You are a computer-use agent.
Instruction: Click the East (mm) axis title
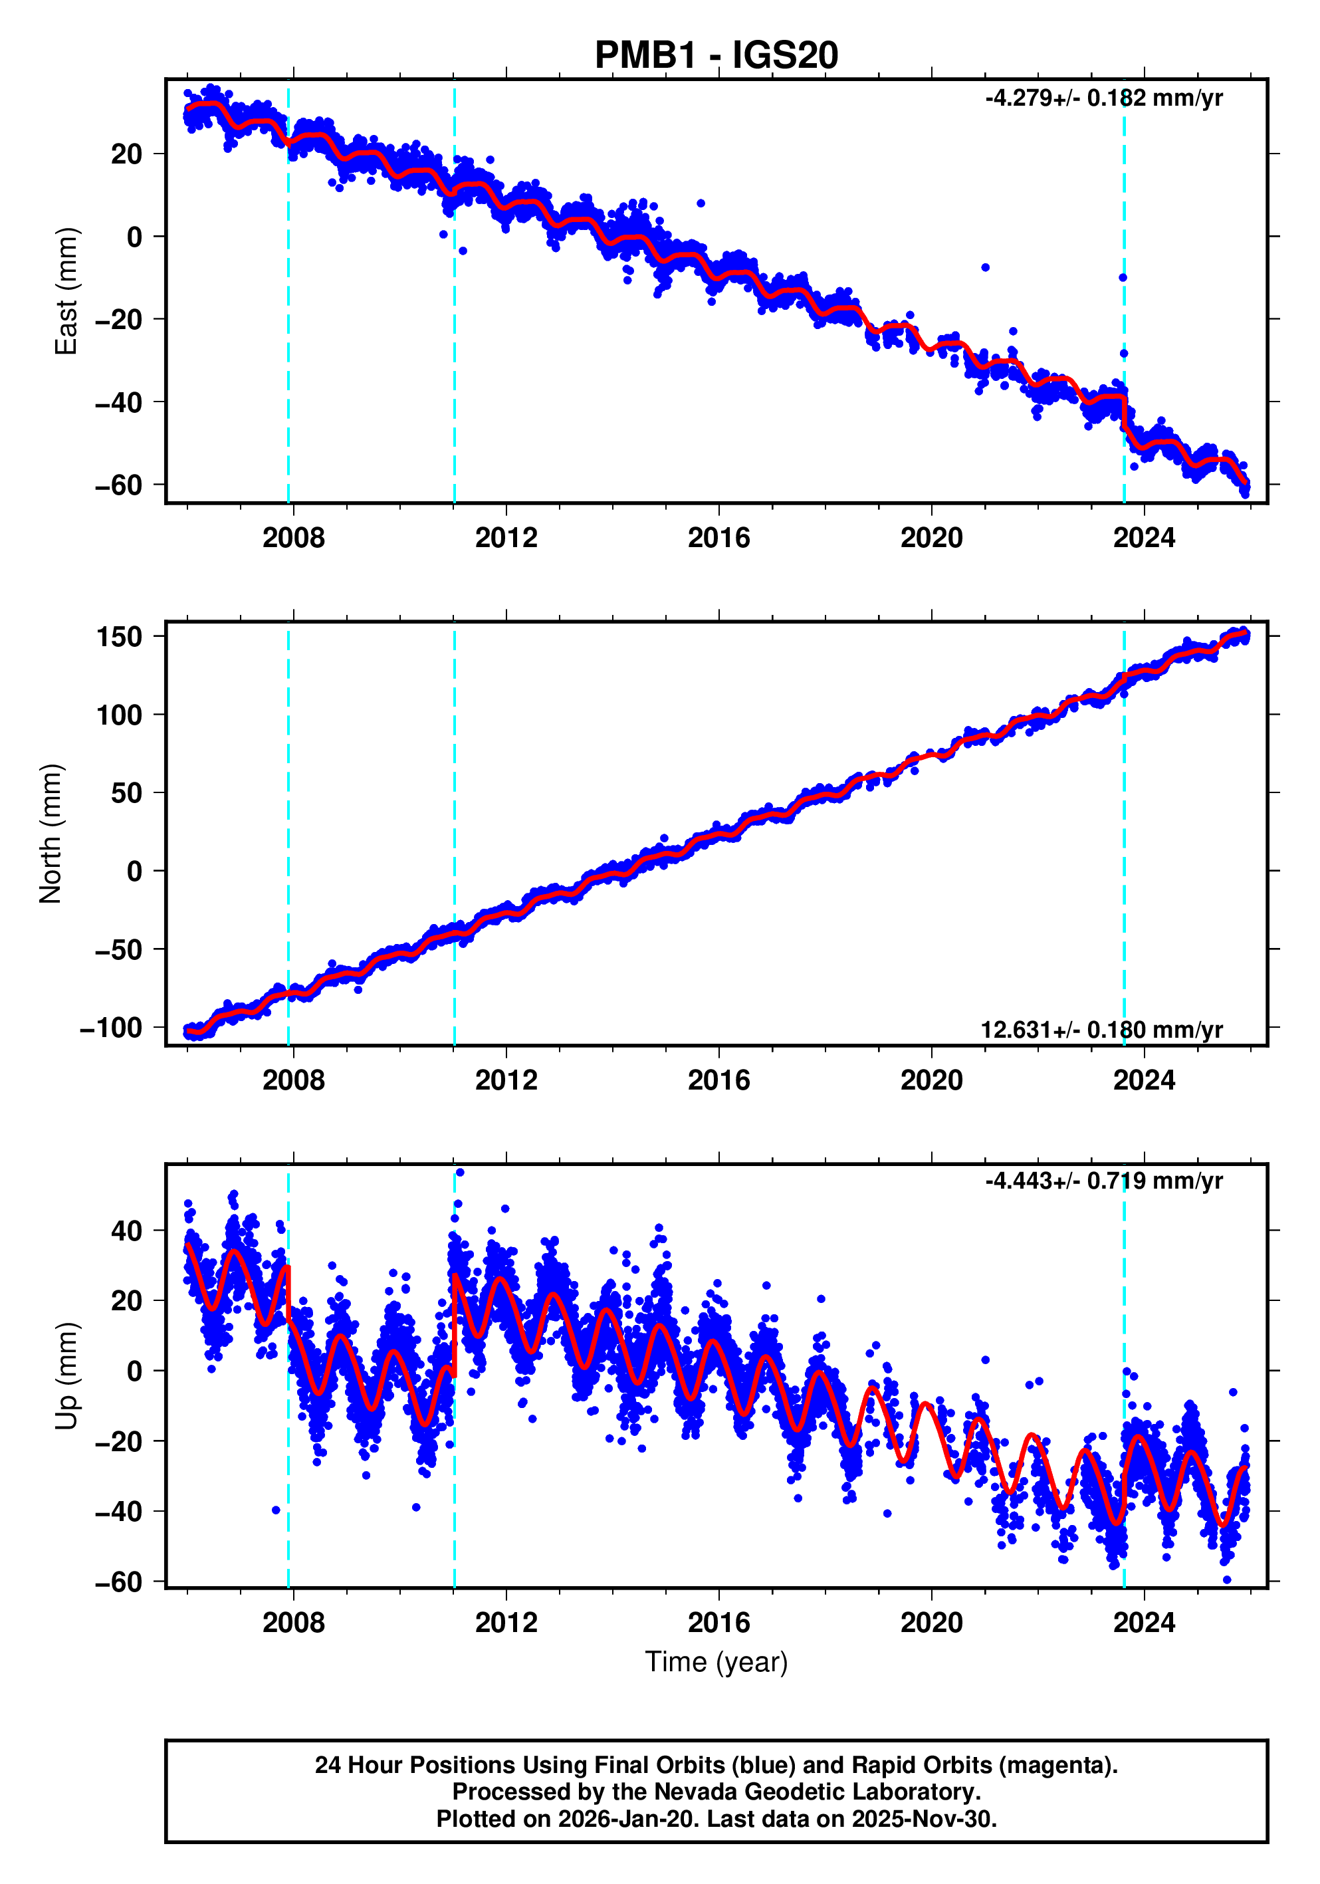(x=66, y=291)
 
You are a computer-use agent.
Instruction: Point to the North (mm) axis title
(x=51, y=834)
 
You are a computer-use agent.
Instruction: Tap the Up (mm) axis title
(x=66, y=1376)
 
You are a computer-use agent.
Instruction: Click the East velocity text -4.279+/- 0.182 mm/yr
(x=1103, y=98)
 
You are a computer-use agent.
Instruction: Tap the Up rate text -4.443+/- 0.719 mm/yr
(x=1103, y=1181)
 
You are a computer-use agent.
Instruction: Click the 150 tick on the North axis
(x=119, y=637)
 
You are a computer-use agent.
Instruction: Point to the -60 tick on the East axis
(x=118, y=485)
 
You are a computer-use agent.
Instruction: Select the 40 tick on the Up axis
(x=126, y=1231)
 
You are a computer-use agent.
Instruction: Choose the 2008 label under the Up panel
(x=293, y=1623)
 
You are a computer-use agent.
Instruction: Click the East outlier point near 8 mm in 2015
(x=701, y=203)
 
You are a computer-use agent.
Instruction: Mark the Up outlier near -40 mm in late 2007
(x=276, y=1510)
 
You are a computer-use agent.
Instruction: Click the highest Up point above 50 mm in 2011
(x=459, y=1173)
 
